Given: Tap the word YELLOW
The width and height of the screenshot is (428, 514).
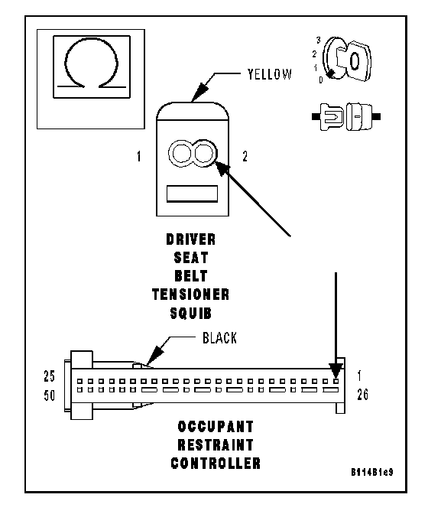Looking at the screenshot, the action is coord(269,74).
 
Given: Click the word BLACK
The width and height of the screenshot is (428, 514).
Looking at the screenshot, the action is coord(219,338).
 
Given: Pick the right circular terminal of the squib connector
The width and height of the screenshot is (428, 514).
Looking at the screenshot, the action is coord(203,153).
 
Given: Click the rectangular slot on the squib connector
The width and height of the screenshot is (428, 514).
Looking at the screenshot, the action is coord(193,194).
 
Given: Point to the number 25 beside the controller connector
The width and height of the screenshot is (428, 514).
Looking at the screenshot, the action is coord(49,376).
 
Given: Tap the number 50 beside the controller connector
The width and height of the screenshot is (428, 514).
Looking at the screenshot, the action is coord(49,395).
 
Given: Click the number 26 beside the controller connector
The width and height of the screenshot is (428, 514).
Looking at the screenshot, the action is coord(362,395).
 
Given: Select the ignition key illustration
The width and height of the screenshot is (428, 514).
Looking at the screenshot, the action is coord(347,59).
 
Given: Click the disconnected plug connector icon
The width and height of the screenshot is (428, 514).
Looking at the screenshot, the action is coord(346,117).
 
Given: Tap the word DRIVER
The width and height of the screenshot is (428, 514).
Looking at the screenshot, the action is coord(191,239).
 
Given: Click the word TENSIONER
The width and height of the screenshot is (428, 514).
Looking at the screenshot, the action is coord(191,294).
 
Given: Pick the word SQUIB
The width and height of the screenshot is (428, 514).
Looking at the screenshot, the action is coord(191,314).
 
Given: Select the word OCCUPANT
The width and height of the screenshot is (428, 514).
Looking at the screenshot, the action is coord(216,427).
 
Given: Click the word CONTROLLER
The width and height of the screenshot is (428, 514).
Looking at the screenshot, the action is coord(216,464).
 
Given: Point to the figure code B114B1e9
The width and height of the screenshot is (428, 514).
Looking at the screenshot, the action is coord(372,472).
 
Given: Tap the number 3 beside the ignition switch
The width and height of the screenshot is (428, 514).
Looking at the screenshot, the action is coord(318,41).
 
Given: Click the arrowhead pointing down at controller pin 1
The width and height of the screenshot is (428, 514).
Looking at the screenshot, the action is coord(336,370).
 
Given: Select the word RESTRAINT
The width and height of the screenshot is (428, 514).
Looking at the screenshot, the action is coord(216,445).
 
